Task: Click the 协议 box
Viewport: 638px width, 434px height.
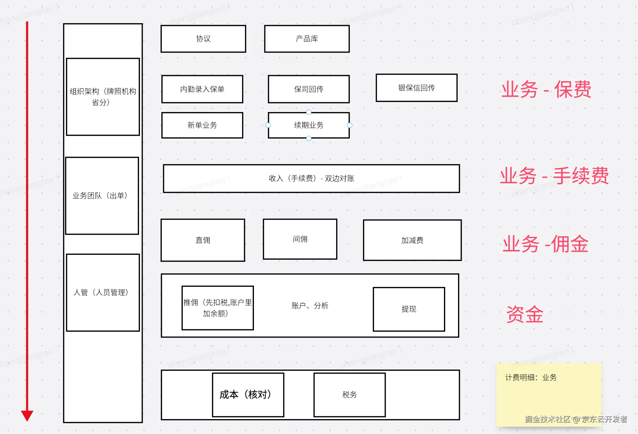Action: (203, 39)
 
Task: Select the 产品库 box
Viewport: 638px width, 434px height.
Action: (307, 39)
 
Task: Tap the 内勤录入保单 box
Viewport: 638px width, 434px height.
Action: (202, 89)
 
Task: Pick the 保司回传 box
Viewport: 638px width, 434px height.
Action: (309, 89)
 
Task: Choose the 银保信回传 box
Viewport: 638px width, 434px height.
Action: (416, 88)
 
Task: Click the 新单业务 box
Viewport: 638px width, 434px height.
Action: (202, 125)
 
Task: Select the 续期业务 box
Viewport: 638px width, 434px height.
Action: (309, 125)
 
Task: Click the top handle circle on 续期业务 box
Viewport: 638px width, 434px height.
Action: (309, 112)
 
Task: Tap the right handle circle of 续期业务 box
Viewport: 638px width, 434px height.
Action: (350, 125)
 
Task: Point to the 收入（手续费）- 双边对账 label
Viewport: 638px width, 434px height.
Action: (311, 179)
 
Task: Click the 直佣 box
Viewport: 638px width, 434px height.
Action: (203, 240)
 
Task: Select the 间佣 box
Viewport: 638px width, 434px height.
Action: (300, 239)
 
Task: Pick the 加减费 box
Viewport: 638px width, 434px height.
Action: (412, 241)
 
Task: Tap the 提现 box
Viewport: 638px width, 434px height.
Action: (409, 309)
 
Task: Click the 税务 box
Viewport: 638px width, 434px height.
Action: (350, 395)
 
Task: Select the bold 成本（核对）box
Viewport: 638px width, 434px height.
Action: (248, 395)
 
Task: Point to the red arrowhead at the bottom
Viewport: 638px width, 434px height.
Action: (27, 415)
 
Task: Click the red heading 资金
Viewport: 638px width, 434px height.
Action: (525, 314)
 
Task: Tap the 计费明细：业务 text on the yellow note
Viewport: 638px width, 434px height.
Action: (531, 378)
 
